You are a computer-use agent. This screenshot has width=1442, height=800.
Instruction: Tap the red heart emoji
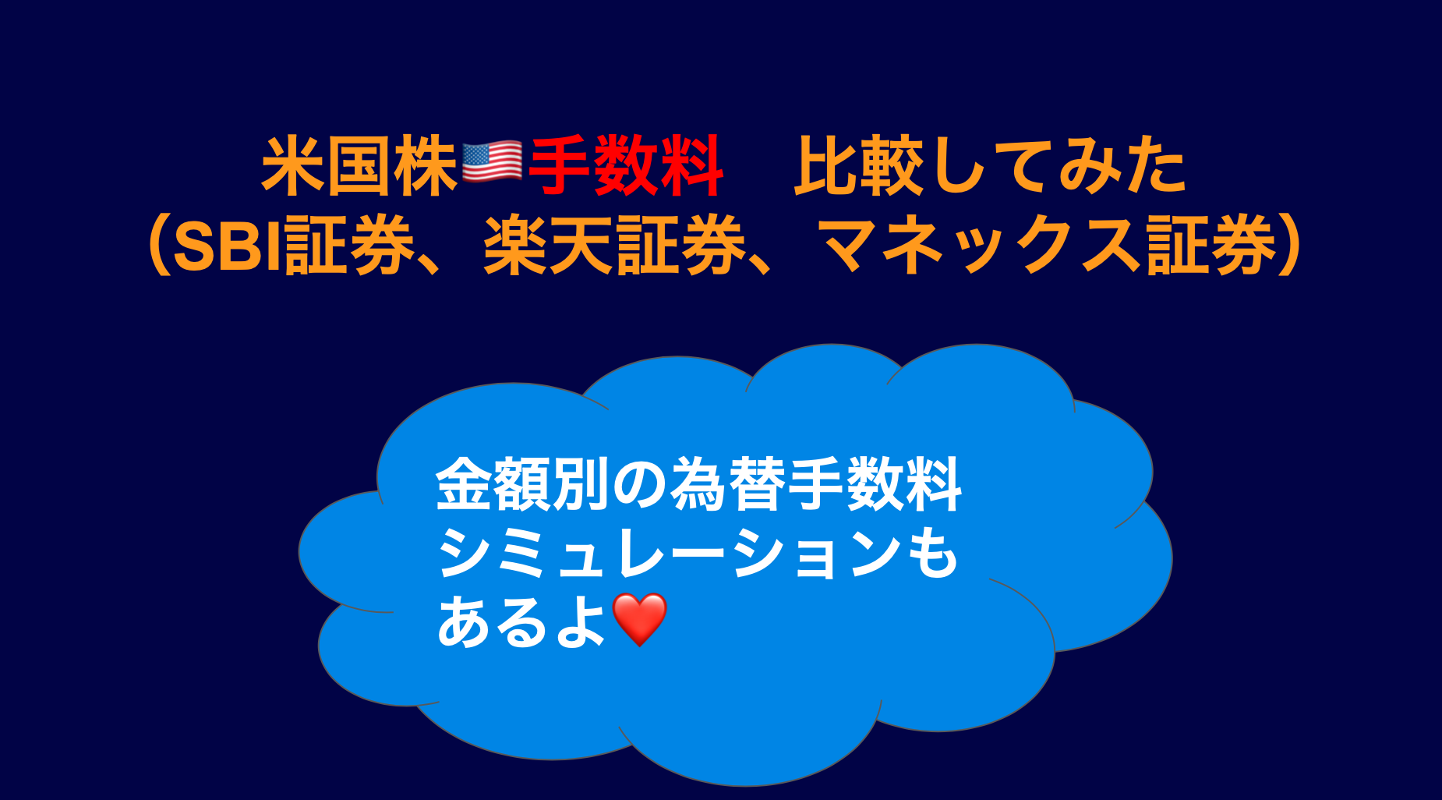pos(640,620)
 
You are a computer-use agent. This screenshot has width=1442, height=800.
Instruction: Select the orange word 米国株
pos(359,165)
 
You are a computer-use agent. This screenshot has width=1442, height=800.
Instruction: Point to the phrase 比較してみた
pos(990,165)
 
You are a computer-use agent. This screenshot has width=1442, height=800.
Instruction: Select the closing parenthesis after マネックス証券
pos(1290,246)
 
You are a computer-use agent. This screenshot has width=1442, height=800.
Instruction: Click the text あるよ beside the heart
pos(521,622)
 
